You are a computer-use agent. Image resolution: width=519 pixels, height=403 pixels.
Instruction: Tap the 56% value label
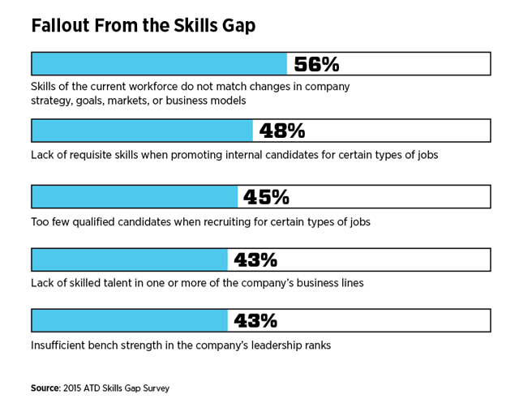[x=316, y=64]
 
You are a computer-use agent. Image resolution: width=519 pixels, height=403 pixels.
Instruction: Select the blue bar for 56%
[x=159, y=64]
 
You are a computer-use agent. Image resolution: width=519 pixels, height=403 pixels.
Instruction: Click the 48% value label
[x=282, y=131]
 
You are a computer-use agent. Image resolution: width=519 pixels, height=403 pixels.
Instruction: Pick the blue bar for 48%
[x=142, y=131]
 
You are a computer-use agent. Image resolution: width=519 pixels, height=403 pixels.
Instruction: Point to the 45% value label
[x=266, y=197]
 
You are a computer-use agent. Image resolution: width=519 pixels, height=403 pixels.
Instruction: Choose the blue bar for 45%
[x=135, y=197]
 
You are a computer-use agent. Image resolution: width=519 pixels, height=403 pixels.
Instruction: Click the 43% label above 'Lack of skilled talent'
[x=255, y=259]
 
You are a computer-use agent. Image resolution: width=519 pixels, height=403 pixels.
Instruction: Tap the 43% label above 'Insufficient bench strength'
[x=255, y=321]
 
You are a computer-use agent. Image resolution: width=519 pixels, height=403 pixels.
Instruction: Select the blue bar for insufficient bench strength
[x=130, y=321]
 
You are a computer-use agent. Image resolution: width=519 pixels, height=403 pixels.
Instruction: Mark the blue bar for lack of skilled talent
[x=130, y=259]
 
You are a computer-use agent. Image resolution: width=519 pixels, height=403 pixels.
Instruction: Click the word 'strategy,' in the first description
[x=54, y=101]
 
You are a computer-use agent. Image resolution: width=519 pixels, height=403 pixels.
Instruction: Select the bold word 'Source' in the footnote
[x=45, y=388]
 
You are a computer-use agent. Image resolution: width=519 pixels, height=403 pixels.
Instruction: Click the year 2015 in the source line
[x=75, y=388]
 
